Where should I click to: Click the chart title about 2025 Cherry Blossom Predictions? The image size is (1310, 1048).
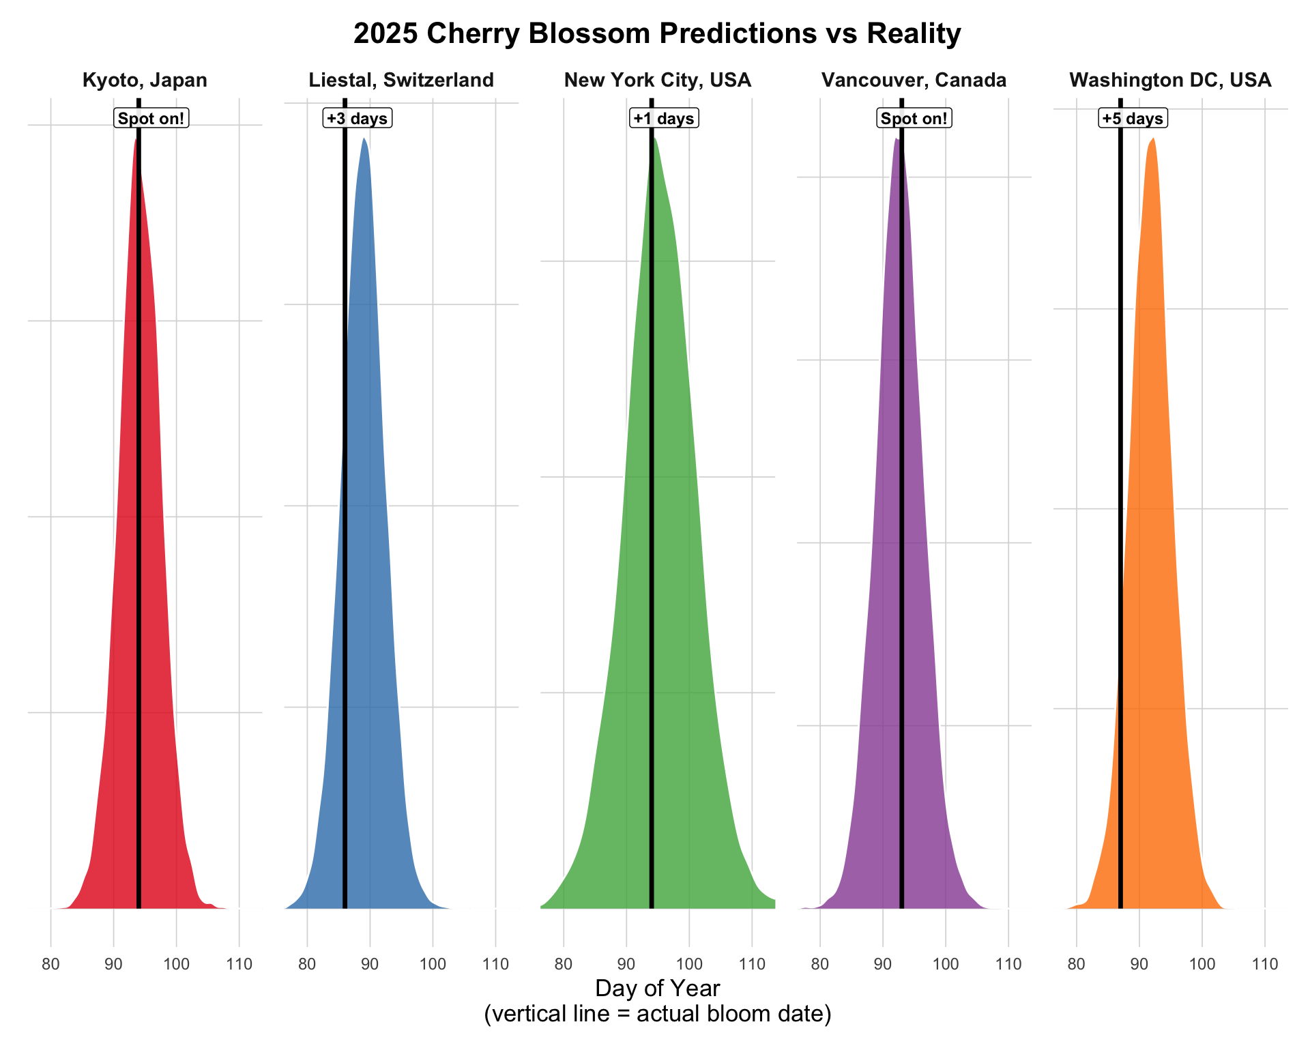click(x=657, y=33)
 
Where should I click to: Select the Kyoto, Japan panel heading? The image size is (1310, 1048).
click(x=145, y=81)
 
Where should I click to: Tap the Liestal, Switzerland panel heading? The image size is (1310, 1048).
click(x=401, y=81)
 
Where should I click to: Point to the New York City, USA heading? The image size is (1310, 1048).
click(x=658, y=81)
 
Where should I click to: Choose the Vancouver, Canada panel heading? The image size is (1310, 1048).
click(x=914, y=81)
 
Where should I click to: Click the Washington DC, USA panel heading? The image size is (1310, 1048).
click(x=1170, y=81)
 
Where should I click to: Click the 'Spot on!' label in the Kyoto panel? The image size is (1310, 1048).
click(x=151, y=119)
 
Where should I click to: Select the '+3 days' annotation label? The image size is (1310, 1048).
click(x=358, y=119)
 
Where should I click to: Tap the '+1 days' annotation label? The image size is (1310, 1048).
click(x=664, y=119)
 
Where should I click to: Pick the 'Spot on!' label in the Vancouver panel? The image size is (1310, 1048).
click(x=914, y=119)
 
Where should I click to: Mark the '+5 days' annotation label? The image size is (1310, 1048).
click(x=1133, y=119)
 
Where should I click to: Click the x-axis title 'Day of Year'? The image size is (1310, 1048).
click(x=657, y=989)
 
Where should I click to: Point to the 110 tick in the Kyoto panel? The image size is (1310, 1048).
click(x=239, y=965)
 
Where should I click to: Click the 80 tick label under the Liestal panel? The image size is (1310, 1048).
click(x=307, y=965)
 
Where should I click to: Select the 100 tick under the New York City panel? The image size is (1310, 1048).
click(x=689, y=965)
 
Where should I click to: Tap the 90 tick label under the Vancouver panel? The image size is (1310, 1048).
click(x=883, y=965)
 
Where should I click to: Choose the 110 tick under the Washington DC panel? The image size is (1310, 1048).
click(x=1265, y=965)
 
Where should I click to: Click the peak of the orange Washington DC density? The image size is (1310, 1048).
click(x=1153, y=140)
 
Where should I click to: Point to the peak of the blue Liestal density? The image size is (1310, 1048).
click(x=364, y=140)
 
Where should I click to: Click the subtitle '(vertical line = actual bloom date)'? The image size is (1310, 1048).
click(x=657, y=1014)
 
